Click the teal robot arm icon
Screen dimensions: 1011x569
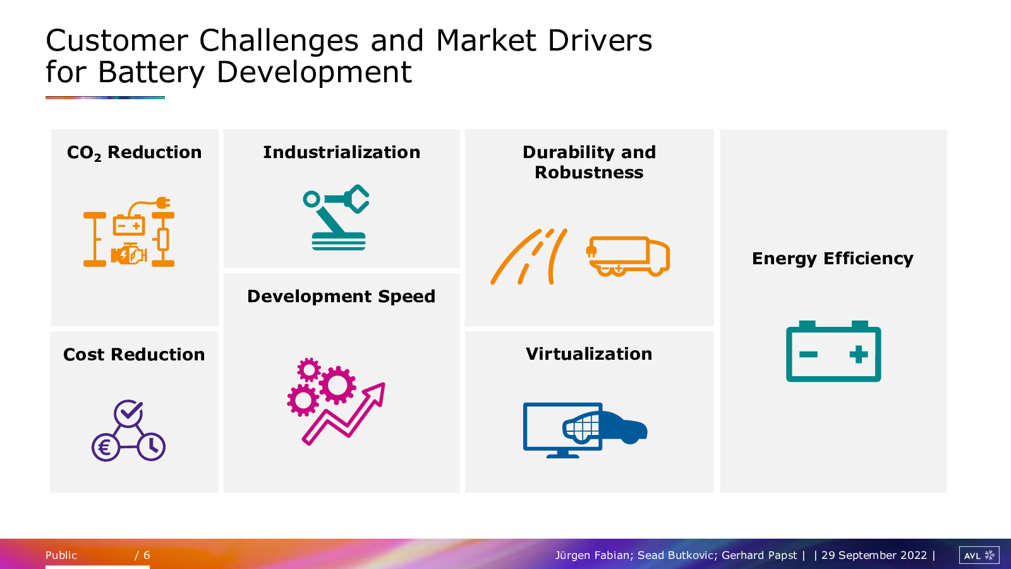tap(336, 217)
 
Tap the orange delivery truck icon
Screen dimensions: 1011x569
tap(628, 256)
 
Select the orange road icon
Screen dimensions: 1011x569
tap(529, 257)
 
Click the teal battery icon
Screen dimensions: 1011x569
tap(833, 352)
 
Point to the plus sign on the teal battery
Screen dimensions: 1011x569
tap(859, 355)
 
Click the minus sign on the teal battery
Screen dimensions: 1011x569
tap(808, 355)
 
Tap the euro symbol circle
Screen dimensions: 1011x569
tap(106, 448)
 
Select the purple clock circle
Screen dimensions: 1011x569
tap(152, 446)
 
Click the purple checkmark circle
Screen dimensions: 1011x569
tap(129, 413)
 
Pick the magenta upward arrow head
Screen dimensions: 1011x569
tap(375, 392)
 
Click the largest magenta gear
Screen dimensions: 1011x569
tap(337, 385)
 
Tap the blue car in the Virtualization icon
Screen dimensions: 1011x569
tap(605, 427)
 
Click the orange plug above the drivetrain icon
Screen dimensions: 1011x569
tap(163, 203)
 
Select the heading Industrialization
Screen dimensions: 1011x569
tap(342, 152)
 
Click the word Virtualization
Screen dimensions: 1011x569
tap(589, 353)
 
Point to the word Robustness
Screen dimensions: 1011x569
tap(589, 173)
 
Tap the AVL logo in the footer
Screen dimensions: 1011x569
tap(979, 555)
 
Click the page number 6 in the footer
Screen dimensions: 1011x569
tap(147, 555)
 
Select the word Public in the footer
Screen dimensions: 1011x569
tap(61, 555)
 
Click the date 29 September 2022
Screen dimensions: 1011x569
tap(874, 555)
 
